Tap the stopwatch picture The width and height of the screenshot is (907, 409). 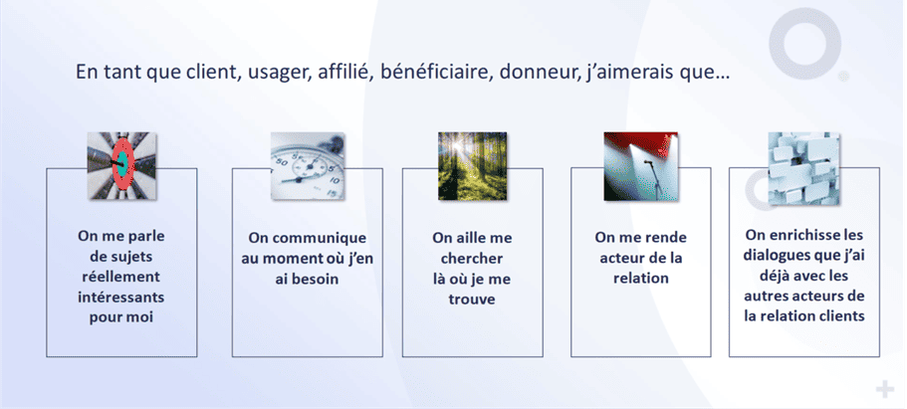(298, 159)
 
